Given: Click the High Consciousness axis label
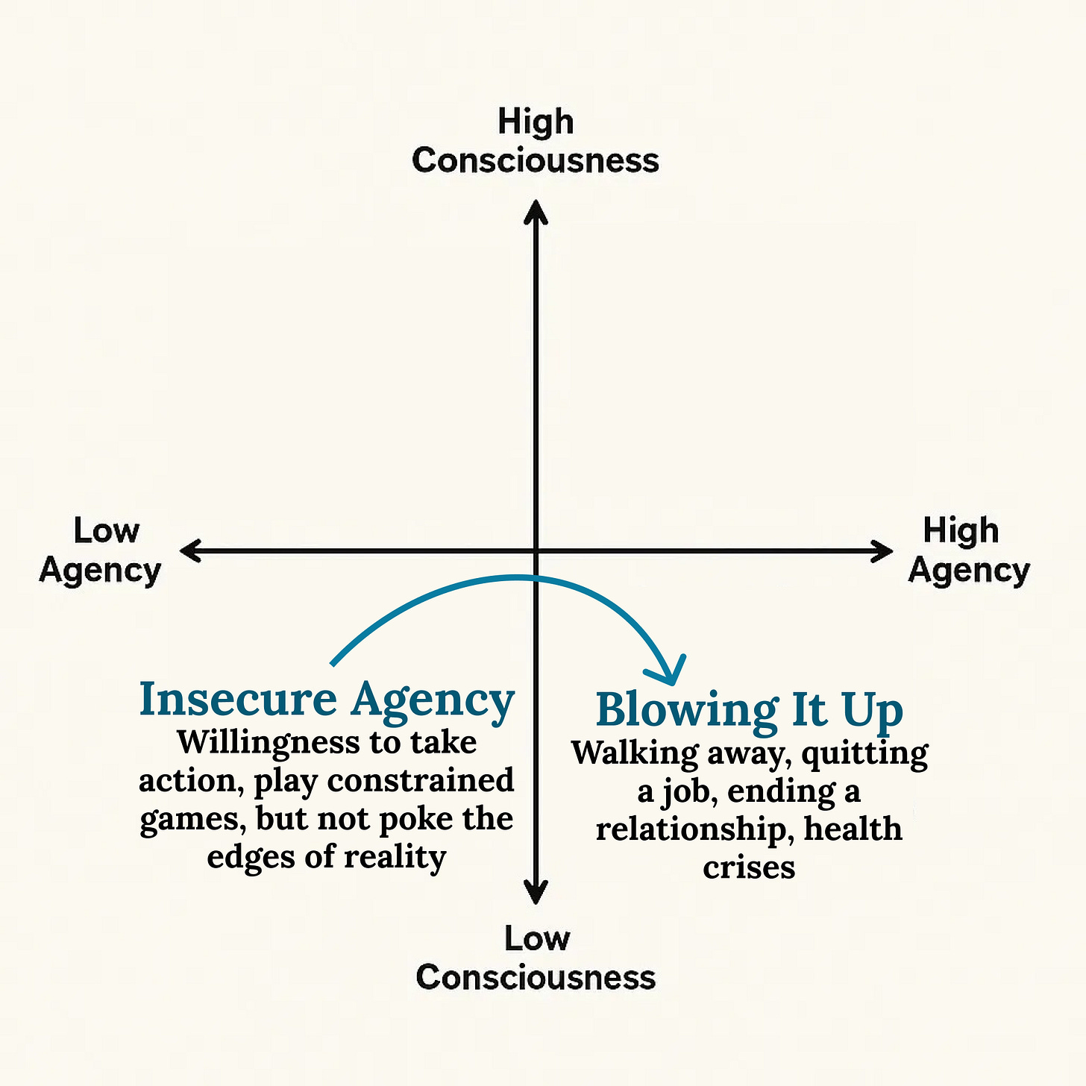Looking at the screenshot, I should [536, 141].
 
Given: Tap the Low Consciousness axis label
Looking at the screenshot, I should [536, 958].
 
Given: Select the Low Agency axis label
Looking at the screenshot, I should [101, 550].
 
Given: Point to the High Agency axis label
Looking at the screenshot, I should [968, 550].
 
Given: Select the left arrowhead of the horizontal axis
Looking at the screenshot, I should [191, 551].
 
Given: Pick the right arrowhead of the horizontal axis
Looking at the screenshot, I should [882, 551].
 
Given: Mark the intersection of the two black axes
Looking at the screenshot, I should [536, 551].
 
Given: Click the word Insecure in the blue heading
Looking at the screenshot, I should [238, 700].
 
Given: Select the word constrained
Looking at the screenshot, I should [421, 780].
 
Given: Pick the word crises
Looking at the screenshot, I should [749, 867].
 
